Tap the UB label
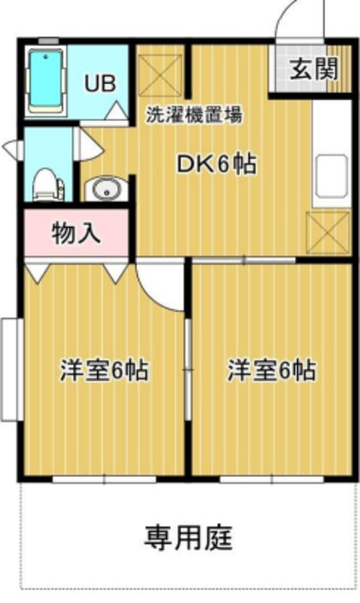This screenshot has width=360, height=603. pos(100,82)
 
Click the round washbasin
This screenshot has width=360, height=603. pos(103,190)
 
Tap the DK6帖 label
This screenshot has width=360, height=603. pos(218,163)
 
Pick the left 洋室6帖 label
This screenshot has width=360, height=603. pos(105,369)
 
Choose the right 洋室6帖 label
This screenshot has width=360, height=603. pos(271,369)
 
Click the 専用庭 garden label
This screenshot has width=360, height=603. pos(188,538)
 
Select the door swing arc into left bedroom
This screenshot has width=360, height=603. pos(160,283)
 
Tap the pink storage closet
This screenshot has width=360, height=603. pos(75,233)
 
